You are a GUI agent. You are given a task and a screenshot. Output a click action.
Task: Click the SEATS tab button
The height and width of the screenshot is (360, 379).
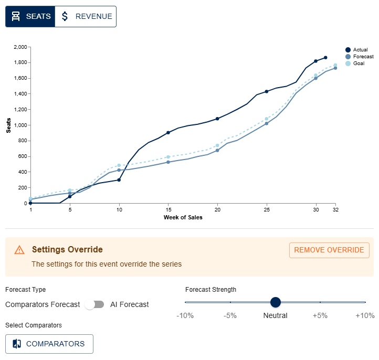pyautogui.click(x=30, y=16)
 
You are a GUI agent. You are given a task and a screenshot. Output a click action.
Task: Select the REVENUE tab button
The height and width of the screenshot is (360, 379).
pyautogui.click(x=86, y=16)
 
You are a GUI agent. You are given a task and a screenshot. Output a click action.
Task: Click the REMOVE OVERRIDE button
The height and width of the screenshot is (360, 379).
pyautogui.click(x=329, y=250)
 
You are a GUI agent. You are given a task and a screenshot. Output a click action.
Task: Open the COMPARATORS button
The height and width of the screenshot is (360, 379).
pyautogui.click(x=49, y=344)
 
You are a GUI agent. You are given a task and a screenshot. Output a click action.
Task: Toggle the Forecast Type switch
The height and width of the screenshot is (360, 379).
pyautogui.click(x=95, y=304)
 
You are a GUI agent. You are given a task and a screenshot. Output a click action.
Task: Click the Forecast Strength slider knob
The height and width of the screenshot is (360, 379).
pyautogui.click(x=276, y=302)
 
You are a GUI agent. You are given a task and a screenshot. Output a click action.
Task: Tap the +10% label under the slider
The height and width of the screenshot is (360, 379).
pyautogui.click(x=365, y=315)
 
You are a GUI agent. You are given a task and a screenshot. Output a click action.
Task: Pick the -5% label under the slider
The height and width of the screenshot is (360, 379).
pyautogui.click(x=230, y=315)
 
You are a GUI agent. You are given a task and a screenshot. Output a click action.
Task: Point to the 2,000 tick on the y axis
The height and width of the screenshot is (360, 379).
pyautogui.click(x=19, y=47)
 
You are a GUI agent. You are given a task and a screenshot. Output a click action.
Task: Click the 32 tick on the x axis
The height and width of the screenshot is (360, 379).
pyautogui.click(x=335, y=209)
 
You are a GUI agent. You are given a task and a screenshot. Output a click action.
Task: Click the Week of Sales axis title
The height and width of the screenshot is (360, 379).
pyautogui.click(x=183, y=217)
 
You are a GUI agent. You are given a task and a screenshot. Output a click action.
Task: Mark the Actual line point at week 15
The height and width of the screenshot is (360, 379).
pyautogui.click(x=168, y=133)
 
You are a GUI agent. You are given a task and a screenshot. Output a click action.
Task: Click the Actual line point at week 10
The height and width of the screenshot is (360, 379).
pyautogui.click(x=119, y=180)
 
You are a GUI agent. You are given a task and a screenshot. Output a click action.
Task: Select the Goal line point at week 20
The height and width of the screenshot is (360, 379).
pyautogui.click(x=217, y=145)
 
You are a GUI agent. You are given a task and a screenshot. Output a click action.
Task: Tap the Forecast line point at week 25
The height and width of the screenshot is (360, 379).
pyautogui.click(x=267, y=123)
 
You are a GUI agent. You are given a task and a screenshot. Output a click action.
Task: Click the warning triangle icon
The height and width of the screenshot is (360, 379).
pyautogui.click(x=19, y=250)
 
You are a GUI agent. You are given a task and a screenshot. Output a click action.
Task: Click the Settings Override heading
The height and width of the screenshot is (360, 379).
pyautogui.click(x=67, y=250)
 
